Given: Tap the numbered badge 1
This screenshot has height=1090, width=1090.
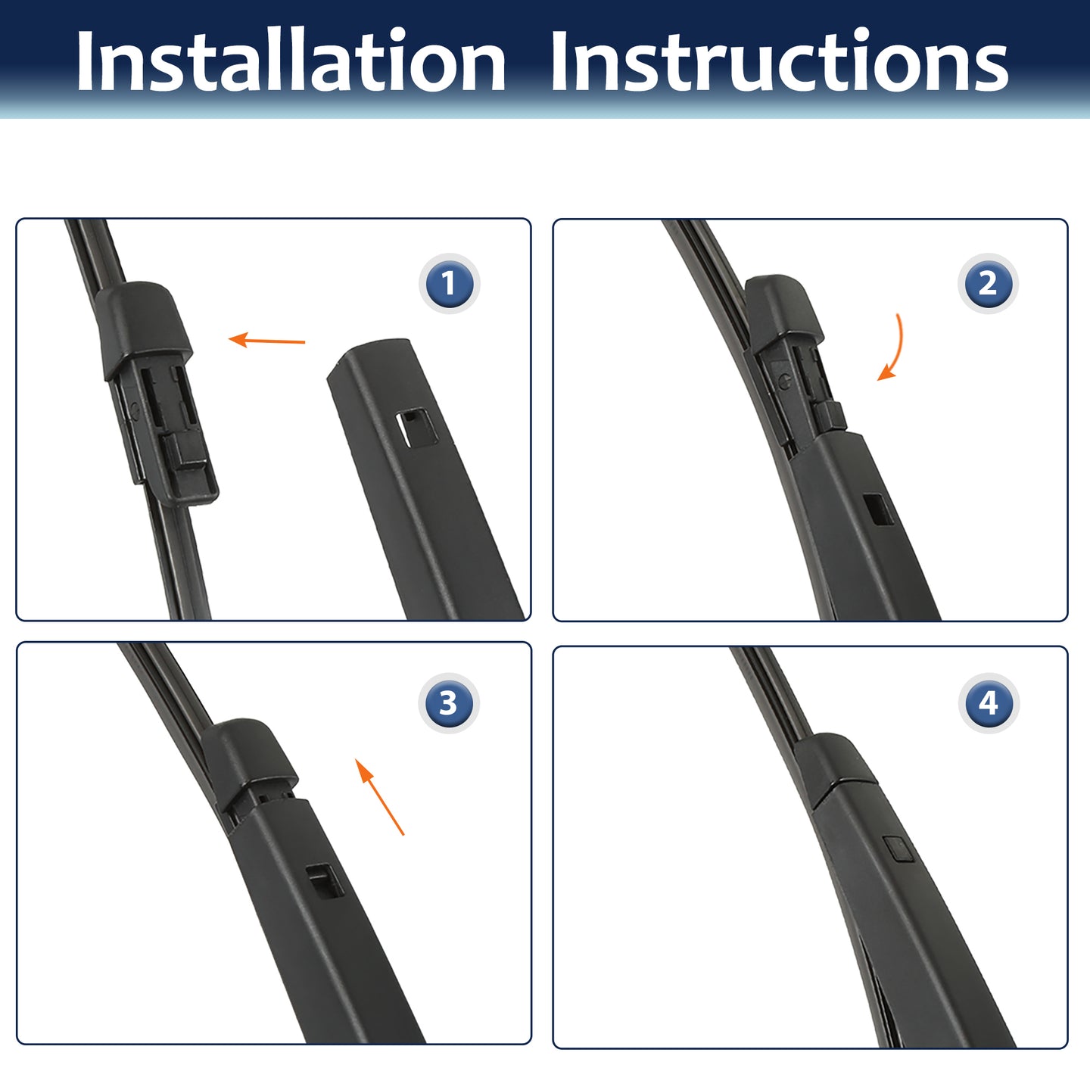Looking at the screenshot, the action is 449,283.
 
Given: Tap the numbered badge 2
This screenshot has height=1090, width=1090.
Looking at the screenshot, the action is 988,283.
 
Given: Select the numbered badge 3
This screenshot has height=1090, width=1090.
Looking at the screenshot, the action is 449,703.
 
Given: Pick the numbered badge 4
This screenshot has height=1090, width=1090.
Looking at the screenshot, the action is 988,703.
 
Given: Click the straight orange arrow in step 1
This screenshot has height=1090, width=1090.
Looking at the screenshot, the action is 266,340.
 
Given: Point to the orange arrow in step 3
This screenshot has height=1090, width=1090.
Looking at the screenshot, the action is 379,797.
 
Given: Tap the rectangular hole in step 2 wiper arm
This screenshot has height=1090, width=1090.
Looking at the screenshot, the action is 878,509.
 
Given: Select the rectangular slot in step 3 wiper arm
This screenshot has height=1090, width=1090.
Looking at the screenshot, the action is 325,881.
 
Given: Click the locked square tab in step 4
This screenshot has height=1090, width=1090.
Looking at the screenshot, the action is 898,849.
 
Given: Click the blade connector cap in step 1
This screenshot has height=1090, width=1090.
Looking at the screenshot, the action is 142,328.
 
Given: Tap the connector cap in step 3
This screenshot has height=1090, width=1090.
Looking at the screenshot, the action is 249,757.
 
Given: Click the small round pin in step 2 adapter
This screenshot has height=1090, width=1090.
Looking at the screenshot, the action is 784,381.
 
